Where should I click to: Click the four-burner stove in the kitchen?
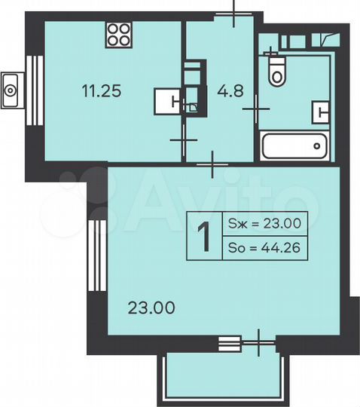118,34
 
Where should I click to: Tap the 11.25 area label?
102,91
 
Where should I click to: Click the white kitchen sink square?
168,101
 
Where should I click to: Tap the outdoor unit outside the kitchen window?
11,90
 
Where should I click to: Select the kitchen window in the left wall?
32,90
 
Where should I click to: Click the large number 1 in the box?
203,236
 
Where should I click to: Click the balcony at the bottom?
223,376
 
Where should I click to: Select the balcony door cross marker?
258,343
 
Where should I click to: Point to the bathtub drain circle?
319,145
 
